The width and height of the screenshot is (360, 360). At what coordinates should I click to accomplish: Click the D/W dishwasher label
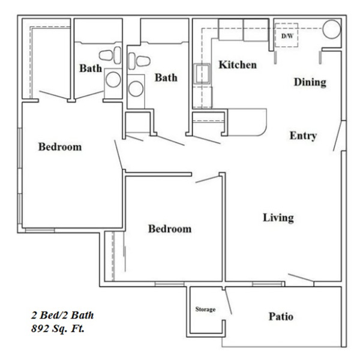click(287, 36)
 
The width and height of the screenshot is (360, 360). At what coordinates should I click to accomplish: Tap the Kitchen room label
click(238, 65)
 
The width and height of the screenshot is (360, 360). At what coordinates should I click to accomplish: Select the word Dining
click(310, 82)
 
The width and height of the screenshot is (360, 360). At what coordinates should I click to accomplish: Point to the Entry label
click(303, 136)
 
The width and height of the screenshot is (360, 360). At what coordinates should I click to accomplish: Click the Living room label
click(278, 218)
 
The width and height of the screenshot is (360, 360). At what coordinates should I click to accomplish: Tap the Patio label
click(281, 317)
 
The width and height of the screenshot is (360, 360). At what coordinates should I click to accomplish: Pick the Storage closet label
click(205, 309)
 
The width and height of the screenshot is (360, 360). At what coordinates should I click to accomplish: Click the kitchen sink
click(202, 74)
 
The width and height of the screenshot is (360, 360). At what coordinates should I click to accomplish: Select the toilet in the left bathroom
click(110, 55)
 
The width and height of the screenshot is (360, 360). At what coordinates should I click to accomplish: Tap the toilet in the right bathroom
click(139, 61)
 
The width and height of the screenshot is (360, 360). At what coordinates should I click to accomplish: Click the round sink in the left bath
click(113, 79)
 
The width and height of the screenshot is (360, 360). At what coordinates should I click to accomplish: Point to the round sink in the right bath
click(136, 89)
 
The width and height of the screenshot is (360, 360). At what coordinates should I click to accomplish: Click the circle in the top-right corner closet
click(332, 29)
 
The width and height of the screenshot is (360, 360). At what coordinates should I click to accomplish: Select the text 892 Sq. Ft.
click(58, 329)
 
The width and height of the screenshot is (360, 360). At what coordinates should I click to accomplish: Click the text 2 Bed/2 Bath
click(62, 315)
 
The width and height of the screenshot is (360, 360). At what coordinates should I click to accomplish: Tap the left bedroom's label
click(60, 147)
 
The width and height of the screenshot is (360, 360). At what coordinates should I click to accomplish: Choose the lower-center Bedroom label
click(170, 229)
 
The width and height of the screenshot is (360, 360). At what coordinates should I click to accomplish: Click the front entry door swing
click(337, 136)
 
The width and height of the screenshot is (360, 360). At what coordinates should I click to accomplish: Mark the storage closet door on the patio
click(228, 302)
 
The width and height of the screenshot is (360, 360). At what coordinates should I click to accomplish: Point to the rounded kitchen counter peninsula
click(247, 122)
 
